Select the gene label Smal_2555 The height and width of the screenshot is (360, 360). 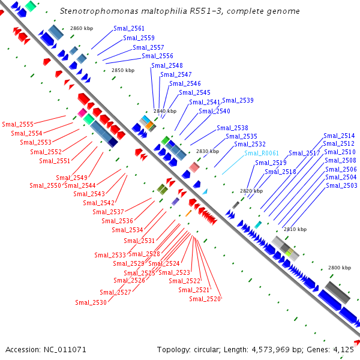tap(17, 124)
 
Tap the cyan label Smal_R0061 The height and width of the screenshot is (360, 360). tap(262, 153)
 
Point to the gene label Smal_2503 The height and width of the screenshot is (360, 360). tap(341, 185)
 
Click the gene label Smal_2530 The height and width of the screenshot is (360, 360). tap(91, 302)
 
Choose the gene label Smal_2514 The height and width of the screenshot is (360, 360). tap(339, 136)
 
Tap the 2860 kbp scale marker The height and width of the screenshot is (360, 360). tap(82, 28)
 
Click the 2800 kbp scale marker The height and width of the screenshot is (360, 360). tap(339, 267)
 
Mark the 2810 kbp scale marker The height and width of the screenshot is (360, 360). tap(295, 229)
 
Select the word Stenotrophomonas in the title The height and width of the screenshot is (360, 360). tap(94, 11)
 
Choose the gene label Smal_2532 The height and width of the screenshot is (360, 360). tap(250, 144)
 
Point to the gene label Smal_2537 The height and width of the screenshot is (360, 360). tap(108, 212)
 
